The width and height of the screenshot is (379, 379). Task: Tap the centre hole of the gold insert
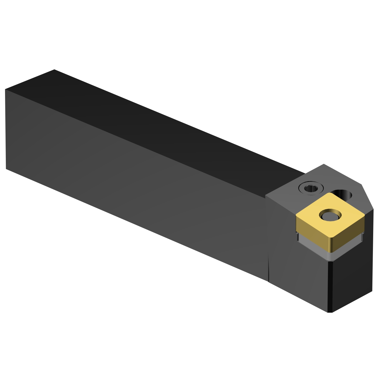click(x=330, y=216)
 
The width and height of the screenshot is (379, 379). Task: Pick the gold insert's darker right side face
click(x=349, y=240)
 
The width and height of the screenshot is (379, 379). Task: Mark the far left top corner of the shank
click(x=54, y=69)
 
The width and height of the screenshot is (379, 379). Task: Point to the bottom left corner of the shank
click(x=6, y=169)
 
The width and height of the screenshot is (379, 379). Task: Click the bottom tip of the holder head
click(x=330, y=312)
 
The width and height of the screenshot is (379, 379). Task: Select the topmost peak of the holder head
click(x=324, y=164)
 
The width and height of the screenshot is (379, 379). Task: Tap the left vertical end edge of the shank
click(x=5, y=129)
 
